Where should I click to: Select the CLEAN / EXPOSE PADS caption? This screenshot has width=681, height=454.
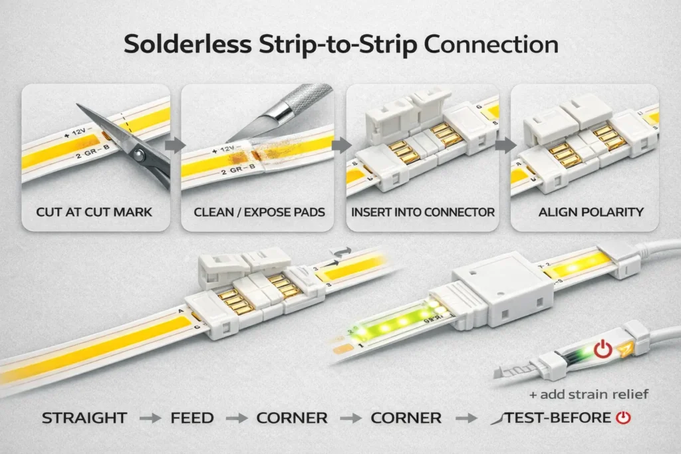259,212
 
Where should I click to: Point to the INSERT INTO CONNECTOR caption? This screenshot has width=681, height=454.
422,212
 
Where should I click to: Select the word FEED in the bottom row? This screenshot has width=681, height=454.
193,418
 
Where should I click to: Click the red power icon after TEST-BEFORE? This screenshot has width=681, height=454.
622,418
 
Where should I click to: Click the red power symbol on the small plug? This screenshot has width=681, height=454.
602,348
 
